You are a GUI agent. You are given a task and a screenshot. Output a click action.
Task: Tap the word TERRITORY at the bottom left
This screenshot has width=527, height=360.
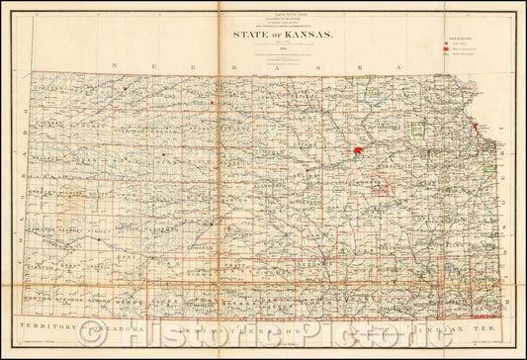tap(47, 326)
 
